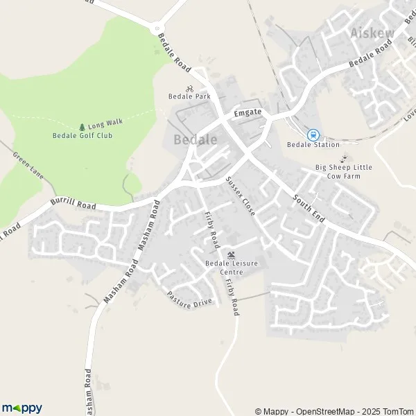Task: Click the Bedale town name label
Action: point(195,139)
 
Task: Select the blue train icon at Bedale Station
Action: point(313,135)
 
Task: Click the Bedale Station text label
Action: point(313,145)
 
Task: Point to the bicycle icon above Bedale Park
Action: point(189,88)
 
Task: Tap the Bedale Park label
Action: point(189,97)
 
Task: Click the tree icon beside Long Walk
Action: point(82,127)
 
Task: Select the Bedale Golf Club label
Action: point(83,135)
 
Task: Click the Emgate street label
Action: point(248,112)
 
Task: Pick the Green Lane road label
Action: point(28,164)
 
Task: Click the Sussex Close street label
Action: point(240,195)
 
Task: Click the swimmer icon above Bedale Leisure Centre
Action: point(231,254)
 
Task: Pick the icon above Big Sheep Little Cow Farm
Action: point(343,159)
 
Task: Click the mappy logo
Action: point(22,408)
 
